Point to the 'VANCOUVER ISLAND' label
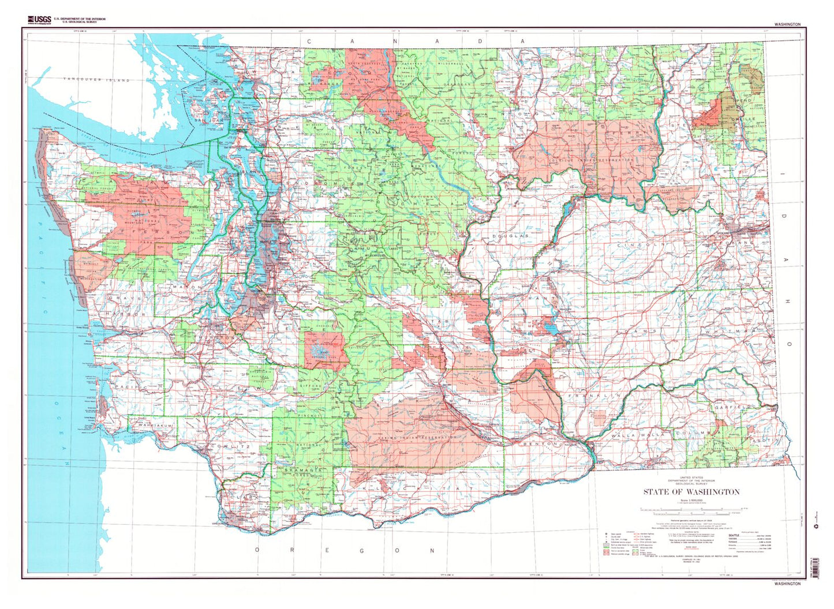(x=96, y=80)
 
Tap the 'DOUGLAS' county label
(x=510, y=236)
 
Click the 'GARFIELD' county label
(x=734, y=407)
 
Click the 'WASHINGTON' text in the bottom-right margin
(x=787, y=584)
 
